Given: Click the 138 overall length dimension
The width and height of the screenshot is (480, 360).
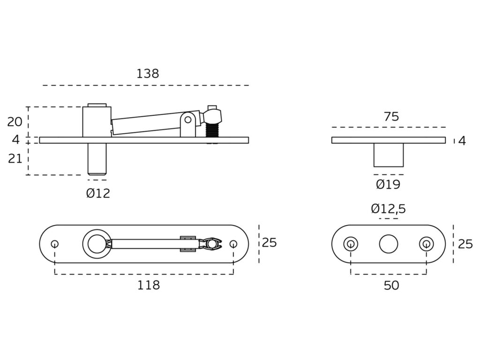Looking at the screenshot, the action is click(x=148, y=74).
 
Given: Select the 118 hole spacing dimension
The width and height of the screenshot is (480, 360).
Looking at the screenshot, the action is click(x=148, y=285).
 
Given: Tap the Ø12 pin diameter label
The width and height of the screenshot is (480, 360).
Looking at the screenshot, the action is click(x=98, y=194).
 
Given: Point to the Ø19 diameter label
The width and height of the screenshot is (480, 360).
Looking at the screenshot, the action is click(x=388, y=184).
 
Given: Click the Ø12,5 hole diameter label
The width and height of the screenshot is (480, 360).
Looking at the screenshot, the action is click(x=388, y=209).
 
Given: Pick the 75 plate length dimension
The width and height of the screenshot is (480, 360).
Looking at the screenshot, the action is click(x=391, y=117).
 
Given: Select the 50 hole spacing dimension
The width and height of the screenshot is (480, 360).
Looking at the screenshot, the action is click(x=391, y=285).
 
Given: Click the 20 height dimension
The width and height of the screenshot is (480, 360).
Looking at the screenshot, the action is click(x=15, y=122).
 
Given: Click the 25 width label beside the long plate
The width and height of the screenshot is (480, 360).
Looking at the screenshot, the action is click(x=270, y=242).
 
